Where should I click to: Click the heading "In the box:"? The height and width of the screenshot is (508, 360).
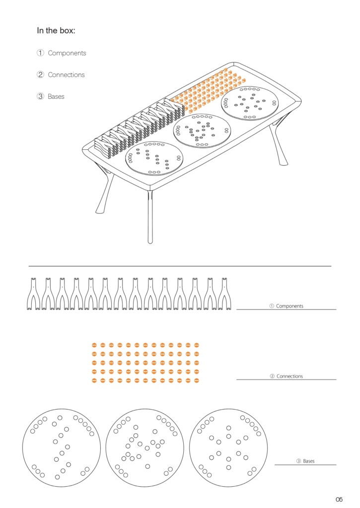56,31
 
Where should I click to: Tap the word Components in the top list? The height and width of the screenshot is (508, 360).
67,53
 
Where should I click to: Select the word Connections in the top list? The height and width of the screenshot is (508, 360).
66,75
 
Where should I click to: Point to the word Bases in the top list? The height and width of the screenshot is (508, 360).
56,97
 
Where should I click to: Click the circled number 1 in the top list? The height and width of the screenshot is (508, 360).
40,53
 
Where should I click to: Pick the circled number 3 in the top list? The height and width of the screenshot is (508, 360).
40,96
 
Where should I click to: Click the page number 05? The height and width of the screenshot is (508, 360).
339,499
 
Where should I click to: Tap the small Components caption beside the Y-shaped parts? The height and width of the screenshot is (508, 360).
289,306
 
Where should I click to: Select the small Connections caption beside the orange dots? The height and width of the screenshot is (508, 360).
289,376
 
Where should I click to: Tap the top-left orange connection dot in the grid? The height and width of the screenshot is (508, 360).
95,345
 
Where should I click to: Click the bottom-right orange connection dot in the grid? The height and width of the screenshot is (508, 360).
196,381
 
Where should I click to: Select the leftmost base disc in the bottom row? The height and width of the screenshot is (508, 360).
62,448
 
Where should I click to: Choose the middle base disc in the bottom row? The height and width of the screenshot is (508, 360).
144,448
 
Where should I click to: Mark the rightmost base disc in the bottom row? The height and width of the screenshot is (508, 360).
228,448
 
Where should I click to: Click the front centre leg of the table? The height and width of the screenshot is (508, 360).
150,217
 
